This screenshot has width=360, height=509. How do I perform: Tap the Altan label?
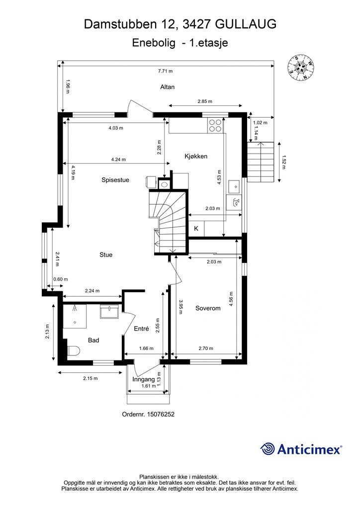click(167, 87)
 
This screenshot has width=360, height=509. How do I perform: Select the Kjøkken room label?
click(195, 156)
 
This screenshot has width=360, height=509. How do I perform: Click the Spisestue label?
click(115, 180)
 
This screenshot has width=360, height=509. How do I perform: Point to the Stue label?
click(105, 254)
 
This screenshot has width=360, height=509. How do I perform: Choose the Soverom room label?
click(207, 308)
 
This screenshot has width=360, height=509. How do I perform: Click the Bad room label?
click(93, 340)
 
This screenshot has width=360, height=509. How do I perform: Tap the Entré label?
click(142, 329)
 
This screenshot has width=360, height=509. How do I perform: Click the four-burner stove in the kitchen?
click(215, 125)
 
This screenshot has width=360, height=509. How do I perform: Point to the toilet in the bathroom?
click(73, 351)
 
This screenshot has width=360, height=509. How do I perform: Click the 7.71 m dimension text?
click(165, 71)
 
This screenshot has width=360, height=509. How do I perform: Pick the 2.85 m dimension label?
click(204, 101)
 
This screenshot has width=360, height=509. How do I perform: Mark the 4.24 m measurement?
click(118, 160)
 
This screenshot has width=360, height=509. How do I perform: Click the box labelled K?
click(196, 229)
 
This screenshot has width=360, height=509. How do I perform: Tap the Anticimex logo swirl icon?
click(268, 449)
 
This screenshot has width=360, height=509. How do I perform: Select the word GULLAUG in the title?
click(247, 23)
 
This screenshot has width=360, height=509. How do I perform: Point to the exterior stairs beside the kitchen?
click(261, 162)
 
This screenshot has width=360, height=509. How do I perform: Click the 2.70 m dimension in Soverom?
click(205, 348)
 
